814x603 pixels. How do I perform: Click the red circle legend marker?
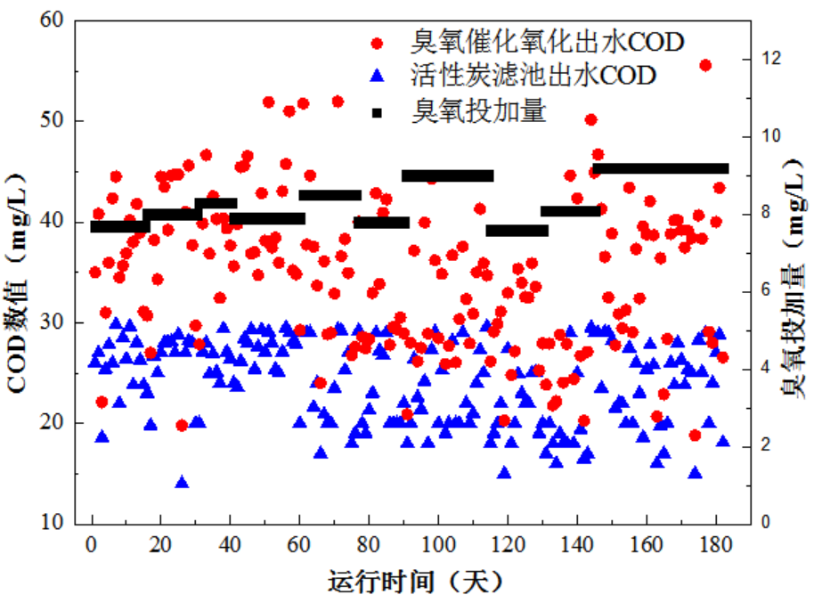point(378,42)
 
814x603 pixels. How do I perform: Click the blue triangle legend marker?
point(378,75)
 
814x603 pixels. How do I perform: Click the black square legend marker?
point(378,112)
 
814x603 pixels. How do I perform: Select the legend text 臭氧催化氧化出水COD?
point(548,42)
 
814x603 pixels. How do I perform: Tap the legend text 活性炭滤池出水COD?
point(533,75)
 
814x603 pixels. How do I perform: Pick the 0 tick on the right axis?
point(766,523)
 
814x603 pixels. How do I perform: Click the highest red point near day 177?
point(705,65)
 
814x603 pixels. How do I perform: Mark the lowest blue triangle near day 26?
point(182,483)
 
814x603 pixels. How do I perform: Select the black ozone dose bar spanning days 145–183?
point(661,168)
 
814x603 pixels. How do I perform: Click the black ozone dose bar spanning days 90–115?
point(447,175)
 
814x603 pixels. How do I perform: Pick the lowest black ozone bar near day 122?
point(517,231)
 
